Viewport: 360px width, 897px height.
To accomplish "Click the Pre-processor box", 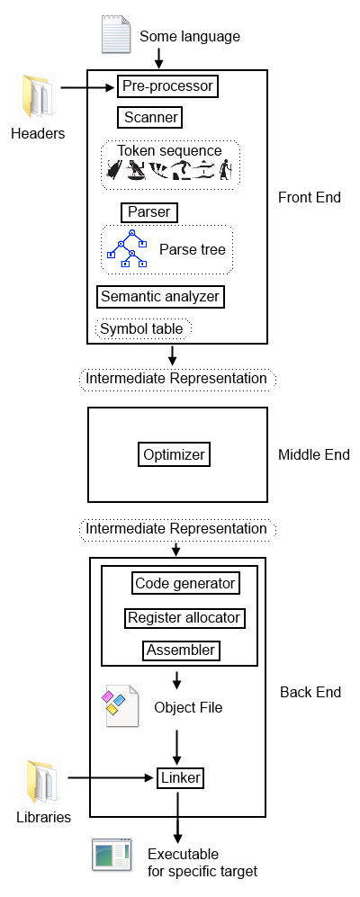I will click(168, 86).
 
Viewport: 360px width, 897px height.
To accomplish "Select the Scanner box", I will click(149, 117).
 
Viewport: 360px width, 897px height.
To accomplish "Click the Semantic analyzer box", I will click(159, 296).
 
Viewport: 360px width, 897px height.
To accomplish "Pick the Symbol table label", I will click(141, 329).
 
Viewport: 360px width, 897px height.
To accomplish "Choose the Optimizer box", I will click(175, 454).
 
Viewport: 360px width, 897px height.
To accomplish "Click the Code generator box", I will click(185, 583).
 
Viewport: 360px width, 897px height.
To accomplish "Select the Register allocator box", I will click(184, 617).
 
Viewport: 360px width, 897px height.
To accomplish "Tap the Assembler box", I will click(180, 650).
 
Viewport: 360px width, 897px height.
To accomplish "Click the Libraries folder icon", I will click(41, 781).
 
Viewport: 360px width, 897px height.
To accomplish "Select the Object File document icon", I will click(121, 706).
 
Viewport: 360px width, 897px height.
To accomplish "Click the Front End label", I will click(309, 197).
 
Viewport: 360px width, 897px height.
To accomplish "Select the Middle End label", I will click(313, 454).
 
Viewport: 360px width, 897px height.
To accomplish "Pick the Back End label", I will click(310, 692).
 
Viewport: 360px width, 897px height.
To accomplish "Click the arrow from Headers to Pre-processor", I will click(86, 87).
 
